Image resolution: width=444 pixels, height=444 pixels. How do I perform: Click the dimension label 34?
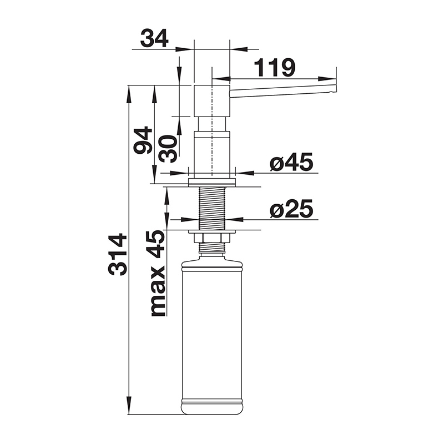(x=154, y=38)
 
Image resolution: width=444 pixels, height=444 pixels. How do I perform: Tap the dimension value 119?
(x=274, y=68)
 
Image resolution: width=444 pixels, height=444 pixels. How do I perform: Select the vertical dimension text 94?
(x=143, y=140)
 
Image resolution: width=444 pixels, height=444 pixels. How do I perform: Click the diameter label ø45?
(x=292, y=162)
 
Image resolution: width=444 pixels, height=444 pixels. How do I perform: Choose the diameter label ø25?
(x=292, y=209)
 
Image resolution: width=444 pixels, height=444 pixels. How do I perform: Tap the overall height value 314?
(x=117, y=254)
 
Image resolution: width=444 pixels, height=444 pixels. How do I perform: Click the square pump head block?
(x=212, y=100)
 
